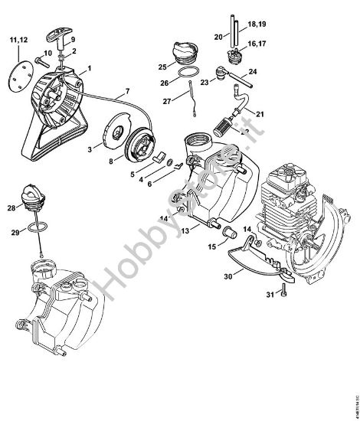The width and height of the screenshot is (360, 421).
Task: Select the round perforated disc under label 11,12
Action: tap(21, 80)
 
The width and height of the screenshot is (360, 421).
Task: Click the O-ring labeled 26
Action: tap(185, 71)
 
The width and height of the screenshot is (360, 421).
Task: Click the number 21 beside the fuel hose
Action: tap(260, 114)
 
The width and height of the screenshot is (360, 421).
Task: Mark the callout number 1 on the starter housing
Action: tap(89, 67)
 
